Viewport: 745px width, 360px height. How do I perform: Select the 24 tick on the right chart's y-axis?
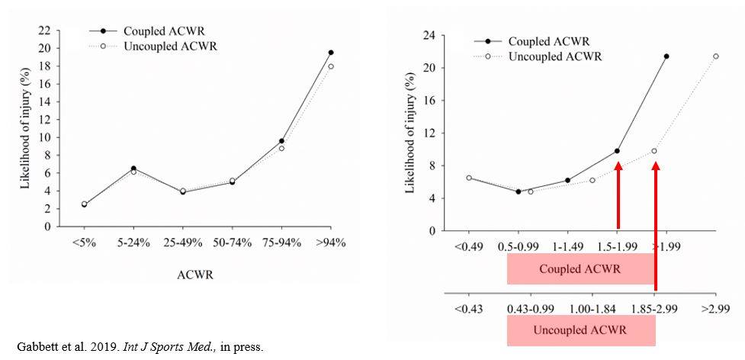coord(429,36)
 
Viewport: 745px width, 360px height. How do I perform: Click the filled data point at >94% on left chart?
coord(330,53)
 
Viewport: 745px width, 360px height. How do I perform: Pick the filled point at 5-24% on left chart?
coord(134,169)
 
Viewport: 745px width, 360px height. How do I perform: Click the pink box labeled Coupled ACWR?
coord(580,269)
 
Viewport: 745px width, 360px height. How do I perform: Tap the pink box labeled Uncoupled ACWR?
coord(580,330)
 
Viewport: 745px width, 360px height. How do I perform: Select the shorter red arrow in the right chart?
coord(618,194)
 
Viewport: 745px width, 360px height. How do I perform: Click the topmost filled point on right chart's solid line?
coord(666,56)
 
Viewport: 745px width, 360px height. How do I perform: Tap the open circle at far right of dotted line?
coord(715,56)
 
